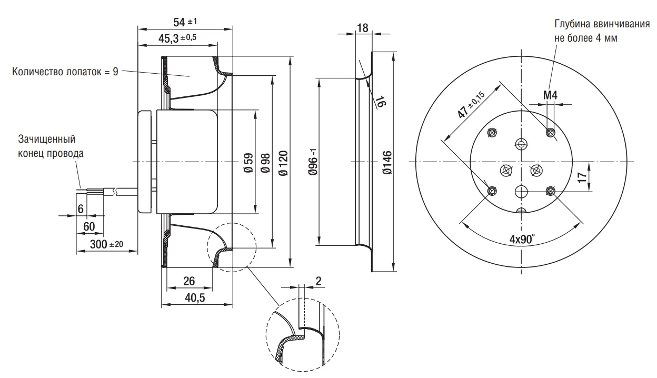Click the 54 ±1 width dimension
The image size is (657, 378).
[x=185, y=22]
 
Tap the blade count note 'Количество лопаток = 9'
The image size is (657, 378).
[x=65, y=72]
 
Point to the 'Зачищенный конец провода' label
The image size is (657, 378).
[x=51, y=147]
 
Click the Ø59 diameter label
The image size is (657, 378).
[x=248, y=163]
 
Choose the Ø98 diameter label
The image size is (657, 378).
[x=265, y=163]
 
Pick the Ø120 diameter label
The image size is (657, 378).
[x=282, y=163]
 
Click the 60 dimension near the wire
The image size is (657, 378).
[x=89, y=226]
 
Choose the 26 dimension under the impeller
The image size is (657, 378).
[x=190, y=281]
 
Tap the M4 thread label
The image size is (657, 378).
[x=550, y=95]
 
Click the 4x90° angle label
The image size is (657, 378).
[x=521, y=238]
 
